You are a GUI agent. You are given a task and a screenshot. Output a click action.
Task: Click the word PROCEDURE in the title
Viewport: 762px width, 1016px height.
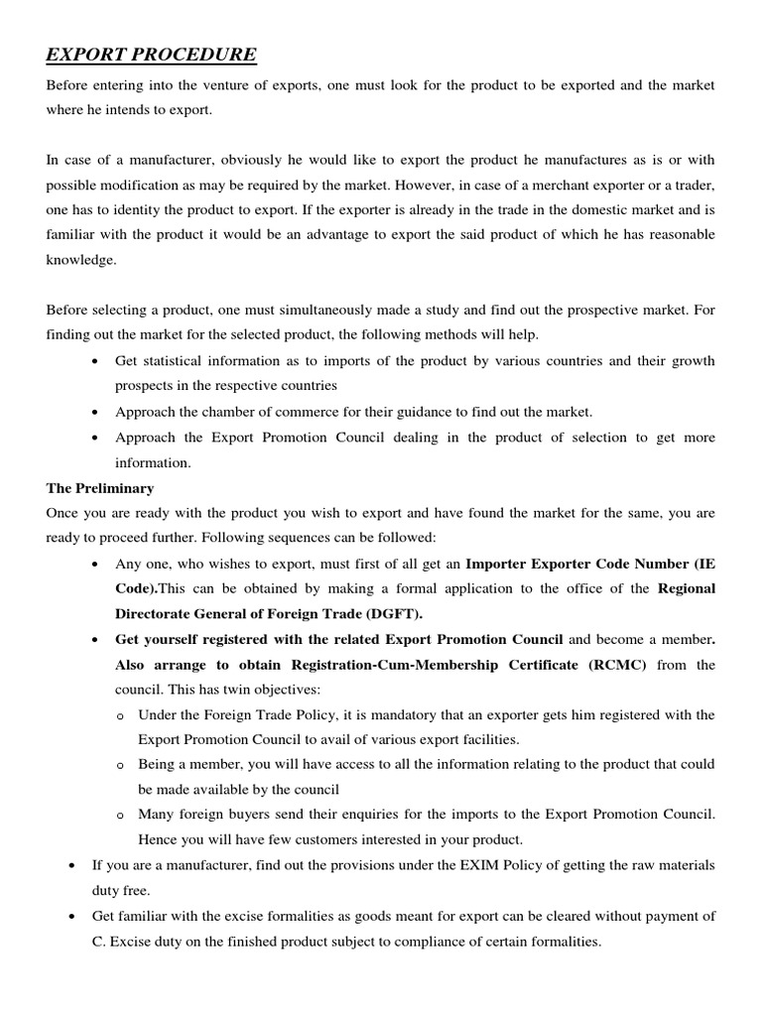(193, 54)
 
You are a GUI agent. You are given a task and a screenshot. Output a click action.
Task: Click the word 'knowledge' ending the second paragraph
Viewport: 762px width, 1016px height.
(79, 261)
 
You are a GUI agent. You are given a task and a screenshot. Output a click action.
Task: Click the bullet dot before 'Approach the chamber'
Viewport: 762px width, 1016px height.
(93, 412)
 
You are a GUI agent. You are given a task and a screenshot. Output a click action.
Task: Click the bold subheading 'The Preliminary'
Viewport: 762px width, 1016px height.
(99, 488)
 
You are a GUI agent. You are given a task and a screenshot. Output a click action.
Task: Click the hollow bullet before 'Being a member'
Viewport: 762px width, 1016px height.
(120, 765)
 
